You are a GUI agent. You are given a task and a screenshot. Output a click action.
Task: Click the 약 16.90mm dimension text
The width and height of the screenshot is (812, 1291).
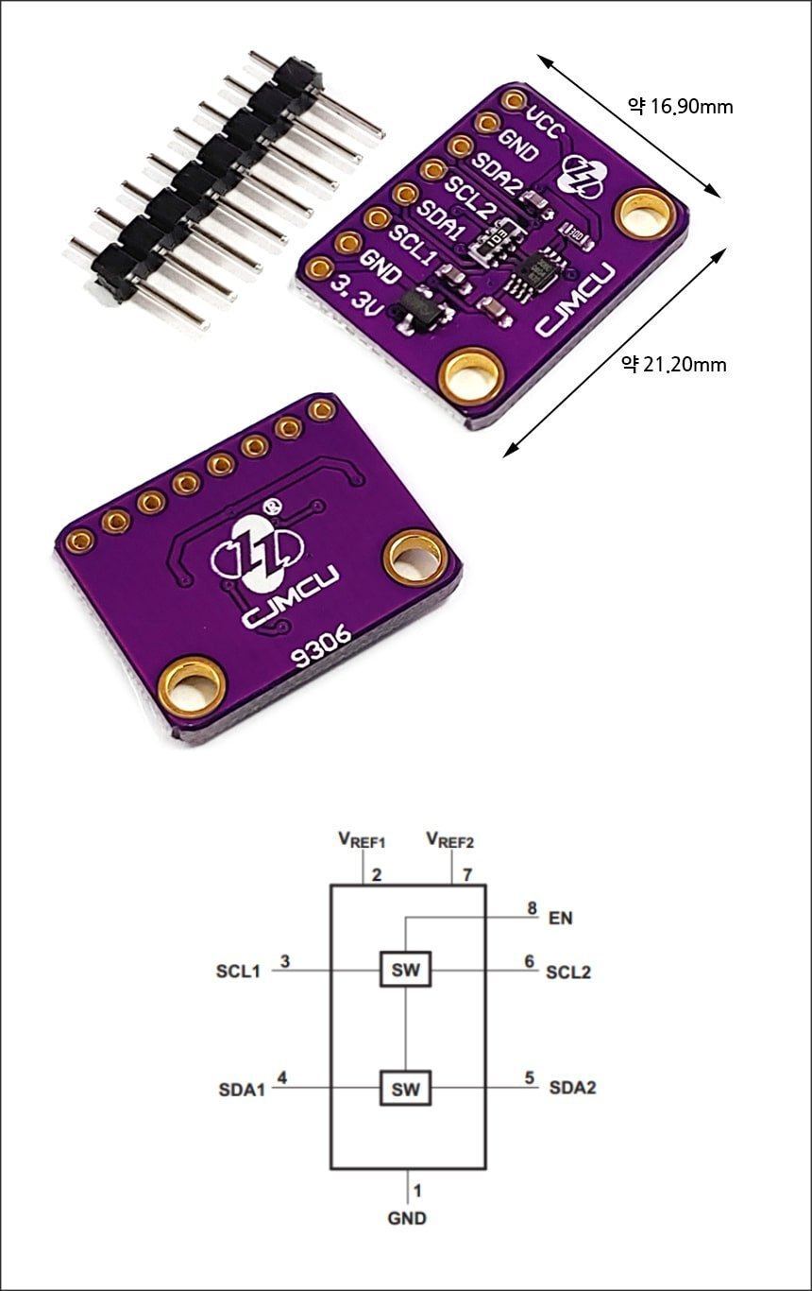tap(680, 107)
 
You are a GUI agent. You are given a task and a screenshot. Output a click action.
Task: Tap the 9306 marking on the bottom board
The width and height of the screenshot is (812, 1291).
tap(322, 647)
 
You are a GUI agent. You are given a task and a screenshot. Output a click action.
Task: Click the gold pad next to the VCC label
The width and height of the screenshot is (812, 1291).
tap(513, 99)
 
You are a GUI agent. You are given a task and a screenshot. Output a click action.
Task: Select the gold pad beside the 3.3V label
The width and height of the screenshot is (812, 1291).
tap(318, 267)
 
